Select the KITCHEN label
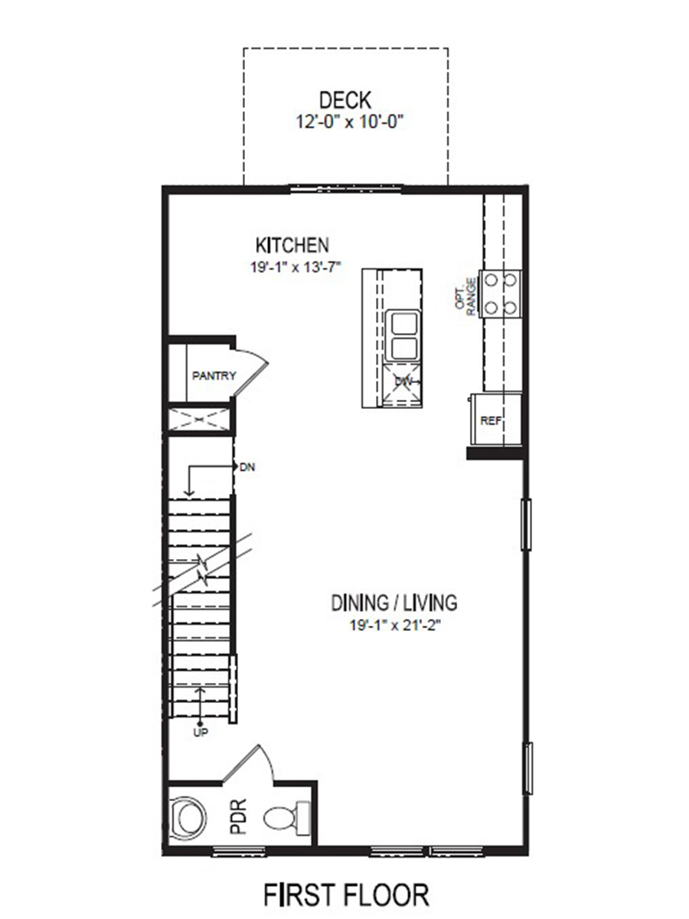(292, 245)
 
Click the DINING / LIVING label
(394, 603)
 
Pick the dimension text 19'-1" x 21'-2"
(394, 625)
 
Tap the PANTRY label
(214, 375)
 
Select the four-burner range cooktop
(500, 294)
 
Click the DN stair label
(247, 466)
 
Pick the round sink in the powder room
(188, 817)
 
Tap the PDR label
(239, 816)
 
